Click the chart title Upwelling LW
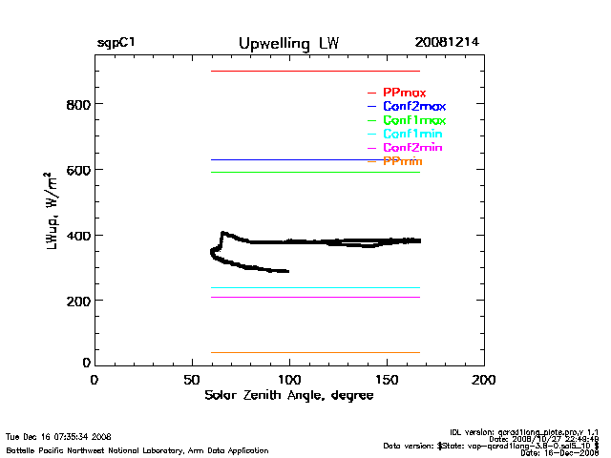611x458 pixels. (287, 44)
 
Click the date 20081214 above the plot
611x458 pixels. (448, 44)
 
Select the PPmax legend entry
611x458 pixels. (404, 93)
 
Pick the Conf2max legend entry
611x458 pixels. (413, 106)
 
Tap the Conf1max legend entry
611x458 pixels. (413, 120)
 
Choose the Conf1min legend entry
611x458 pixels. (412, 135)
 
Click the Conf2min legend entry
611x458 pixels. (412, 148)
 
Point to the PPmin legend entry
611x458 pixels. (402, 162)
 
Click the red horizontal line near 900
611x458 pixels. (315, 71)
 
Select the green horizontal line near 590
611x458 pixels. (315, 172)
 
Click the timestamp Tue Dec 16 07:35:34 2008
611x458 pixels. (58, 436)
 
